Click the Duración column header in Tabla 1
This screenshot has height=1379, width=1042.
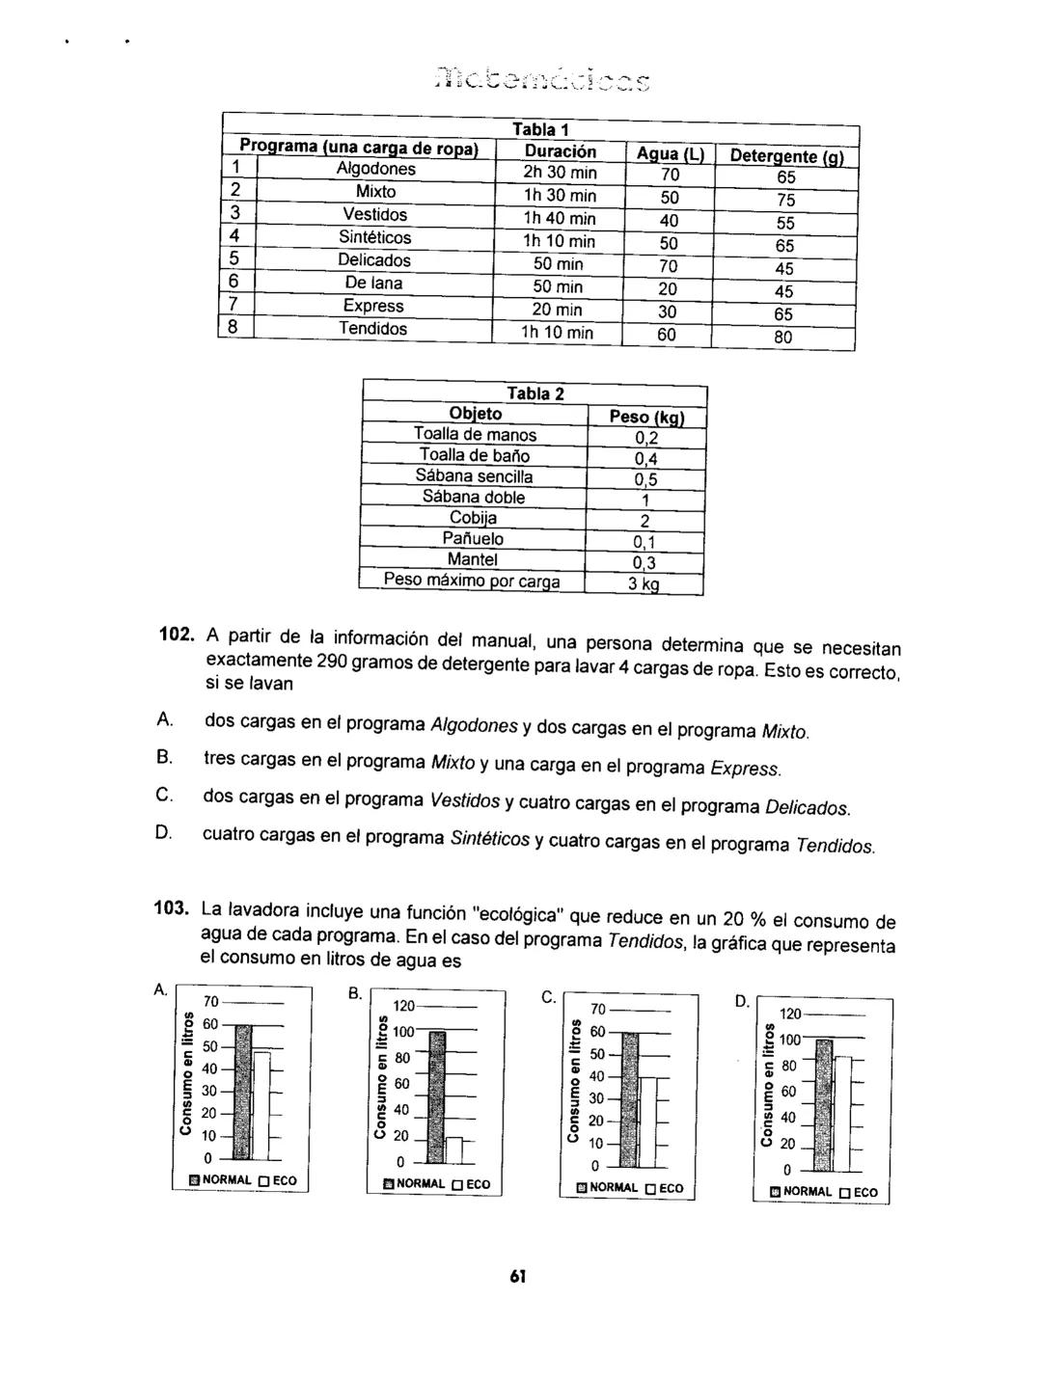click(x=560, y=151)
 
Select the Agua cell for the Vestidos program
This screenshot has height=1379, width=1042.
click(x=669, y=220)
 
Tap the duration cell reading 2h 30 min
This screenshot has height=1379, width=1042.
click(x=560, y=174)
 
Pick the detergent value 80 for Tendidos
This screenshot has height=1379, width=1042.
click(x=783, y=338)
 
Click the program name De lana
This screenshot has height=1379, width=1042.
click(x=373, y=284)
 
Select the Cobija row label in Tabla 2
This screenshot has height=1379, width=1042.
click(x=473, y=519)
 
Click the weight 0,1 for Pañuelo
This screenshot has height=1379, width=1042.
click(x=645, y=542)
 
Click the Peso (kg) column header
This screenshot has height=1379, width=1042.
click(x=645, y=417)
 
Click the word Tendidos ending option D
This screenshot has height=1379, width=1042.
click(x=835, y=846)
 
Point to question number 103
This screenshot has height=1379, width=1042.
click(x=174, y=906)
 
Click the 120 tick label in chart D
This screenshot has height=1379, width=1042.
click(x=790, y=1014)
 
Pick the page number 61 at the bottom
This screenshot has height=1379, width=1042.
click(x=518, y=1277)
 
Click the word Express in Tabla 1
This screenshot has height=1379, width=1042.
click(x=373, y=307)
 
